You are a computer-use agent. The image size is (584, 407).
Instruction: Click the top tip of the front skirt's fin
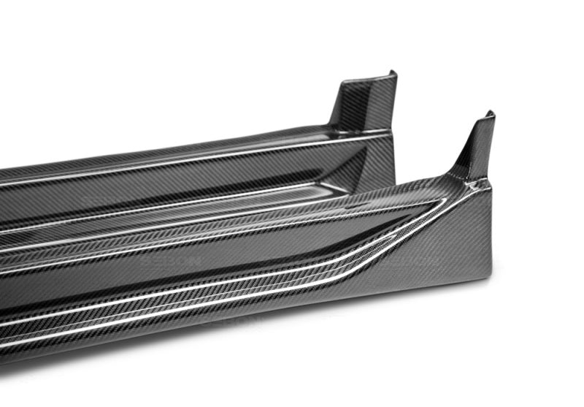(489, 115)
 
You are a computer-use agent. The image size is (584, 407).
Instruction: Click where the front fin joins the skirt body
(467, 178)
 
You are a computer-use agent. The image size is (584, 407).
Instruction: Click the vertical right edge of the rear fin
(395, 102)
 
